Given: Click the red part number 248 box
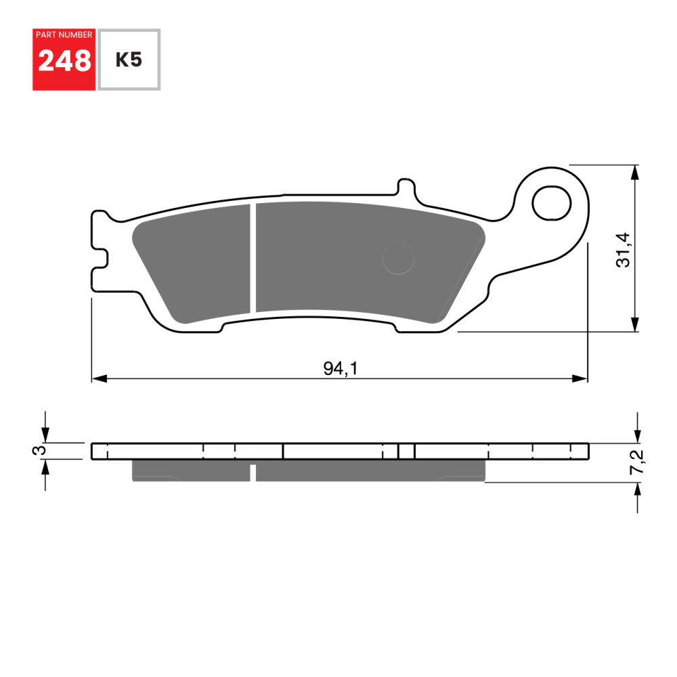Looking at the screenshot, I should [64, 60].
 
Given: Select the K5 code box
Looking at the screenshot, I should [129, 60].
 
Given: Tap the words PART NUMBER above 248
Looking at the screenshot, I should [64, 35].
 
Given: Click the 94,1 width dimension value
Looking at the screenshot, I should [340, 368].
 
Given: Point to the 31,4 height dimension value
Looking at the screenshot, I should [624, 249].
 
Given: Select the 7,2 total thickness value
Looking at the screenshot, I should [637, 462].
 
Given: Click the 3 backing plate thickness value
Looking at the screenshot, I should [41, 450].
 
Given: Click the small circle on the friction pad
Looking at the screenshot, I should [398, 259].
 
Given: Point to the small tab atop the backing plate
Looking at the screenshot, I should [405, 188].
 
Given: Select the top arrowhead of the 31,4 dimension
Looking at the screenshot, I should [635, 172].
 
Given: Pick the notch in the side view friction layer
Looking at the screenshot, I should [253, 473].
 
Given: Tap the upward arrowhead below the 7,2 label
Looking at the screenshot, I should [636, 489].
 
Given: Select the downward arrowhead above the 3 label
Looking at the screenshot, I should [45, 435].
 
